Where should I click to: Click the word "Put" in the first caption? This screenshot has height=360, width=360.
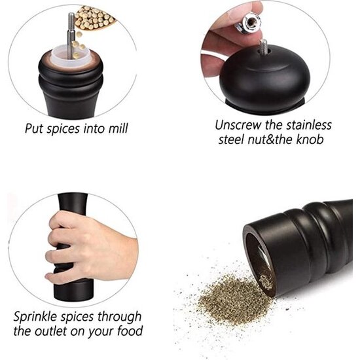click(34, 128)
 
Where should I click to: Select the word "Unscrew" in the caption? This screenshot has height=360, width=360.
click(238, 126)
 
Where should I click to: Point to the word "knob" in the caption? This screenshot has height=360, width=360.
click(310, 139)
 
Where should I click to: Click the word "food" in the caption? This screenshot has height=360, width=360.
click(130, 331)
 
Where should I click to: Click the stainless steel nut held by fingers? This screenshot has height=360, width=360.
click(248, 24)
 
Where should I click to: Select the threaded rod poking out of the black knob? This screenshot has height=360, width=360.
click(263, 46)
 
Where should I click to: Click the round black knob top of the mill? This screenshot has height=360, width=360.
click(264, 77)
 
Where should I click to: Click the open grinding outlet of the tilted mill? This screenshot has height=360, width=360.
click(259, 262)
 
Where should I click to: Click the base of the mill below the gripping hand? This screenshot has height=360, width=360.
click(73, 290)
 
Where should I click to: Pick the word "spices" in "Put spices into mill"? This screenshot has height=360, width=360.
click(63, 129)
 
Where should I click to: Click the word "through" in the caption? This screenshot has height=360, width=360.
click(119, 317)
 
